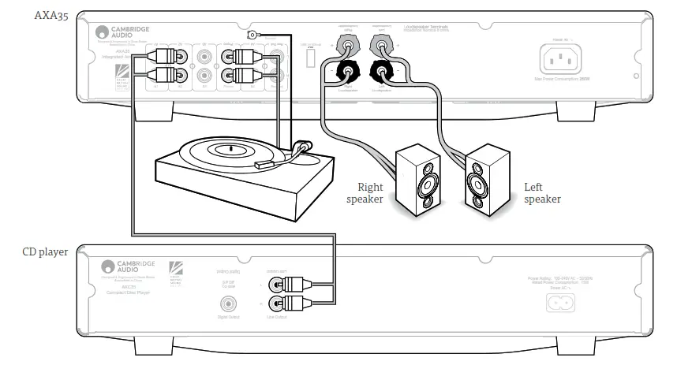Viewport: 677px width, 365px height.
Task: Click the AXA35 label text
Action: pyautogui.click(x=50, y=15)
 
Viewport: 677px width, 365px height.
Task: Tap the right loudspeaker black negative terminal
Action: pyautogui.click(x=345, y=73)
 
